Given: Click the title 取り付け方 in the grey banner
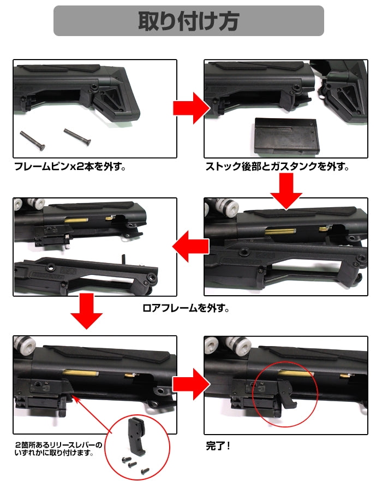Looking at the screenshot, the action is tap(189, 21).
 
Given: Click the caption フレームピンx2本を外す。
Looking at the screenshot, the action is tap(70, 166).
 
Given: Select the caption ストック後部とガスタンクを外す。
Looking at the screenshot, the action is tap(277, 166).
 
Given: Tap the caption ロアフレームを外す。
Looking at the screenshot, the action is tap(186, 308).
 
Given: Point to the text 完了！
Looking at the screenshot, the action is tap(218, 446).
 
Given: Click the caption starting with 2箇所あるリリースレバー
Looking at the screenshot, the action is tap(58, 449).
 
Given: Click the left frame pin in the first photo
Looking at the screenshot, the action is tap(33, 140).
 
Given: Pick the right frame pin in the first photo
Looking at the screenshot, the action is tap(77, 137).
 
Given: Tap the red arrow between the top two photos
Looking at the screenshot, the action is tap(191, 108).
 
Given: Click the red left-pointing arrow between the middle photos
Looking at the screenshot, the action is tap(190, 247).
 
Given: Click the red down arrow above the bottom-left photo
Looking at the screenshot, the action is tap(86, 311).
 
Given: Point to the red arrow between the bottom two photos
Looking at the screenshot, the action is tap(191, 384).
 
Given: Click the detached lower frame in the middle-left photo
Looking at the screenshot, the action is tap(85, 276).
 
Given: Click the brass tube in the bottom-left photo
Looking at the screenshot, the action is tap(80, 372).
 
